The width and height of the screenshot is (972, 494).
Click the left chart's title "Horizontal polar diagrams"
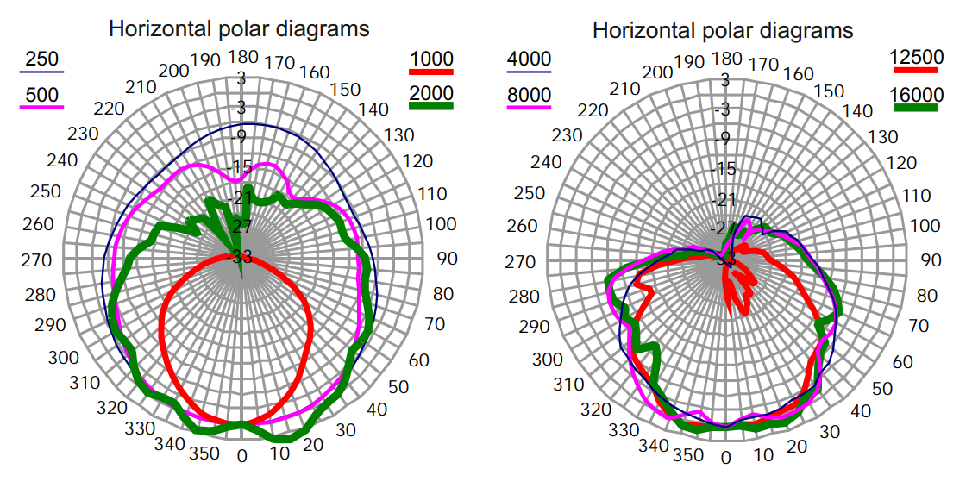pos(239,28)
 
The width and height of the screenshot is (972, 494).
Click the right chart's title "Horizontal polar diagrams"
pos(723,31)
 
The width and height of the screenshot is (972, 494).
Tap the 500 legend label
pos(42,94)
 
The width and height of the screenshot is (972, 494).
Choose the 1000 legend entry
pos(432,59)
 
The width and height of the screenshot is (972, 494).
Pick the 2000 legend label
pos(432,92)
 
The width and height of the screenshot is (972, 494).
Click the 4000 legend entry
pos(529,60)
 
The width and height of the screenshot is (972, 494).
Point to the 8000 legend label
pos(529,94)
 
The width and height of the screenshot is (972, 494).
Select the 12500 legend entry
pos(915,58)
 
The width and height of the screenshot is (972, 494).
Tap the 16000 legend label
pos(915,93)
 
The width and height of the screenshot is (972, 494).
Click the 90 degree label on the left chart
pos(446,258)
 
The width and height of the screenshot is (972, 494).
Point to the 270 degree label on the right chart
pos(518,261)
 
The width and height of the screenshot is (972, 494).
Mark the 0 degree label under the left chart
pos(242,456)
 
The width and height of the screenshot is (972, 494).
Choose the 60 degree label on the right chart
pos(902,361)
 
